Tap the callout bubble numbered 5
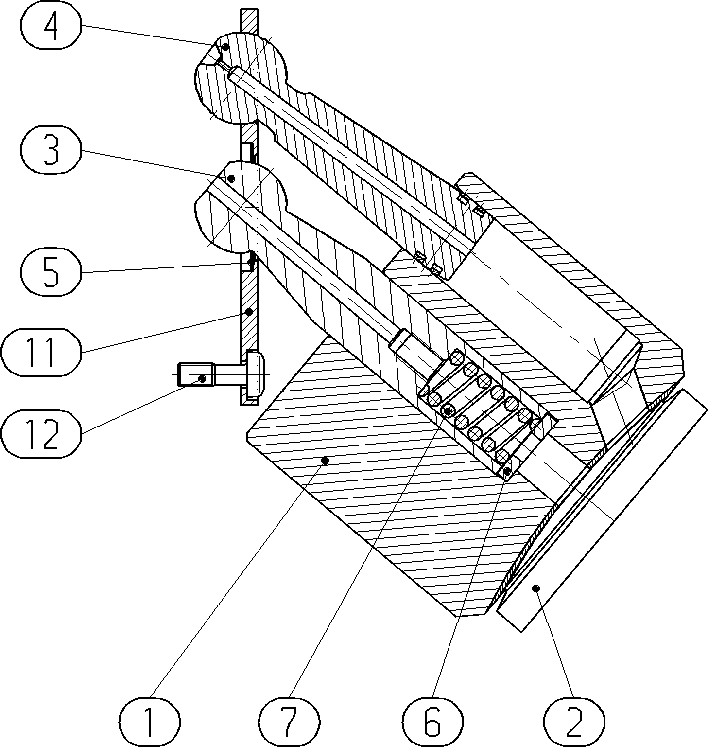[51, 272]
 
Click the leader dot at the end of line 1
[326, 460]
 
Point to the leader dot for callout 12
[203, 378]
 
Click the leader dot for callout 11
[249, 312]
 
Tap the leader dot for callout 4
[225, 47]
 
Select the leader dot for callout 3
[231, 178]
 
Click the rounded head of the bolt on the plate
[256, 375]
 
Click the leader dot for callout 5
[250, 262]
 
